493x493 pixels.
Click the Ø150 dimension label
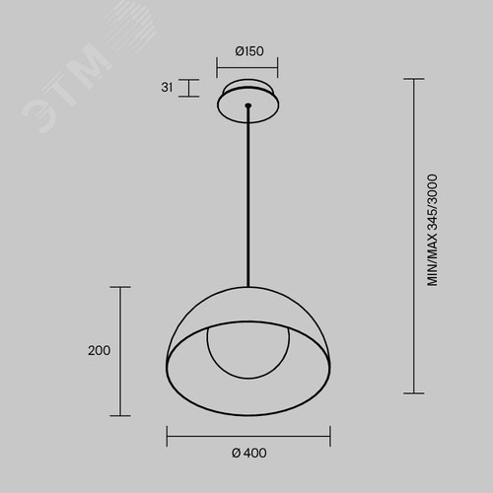(249, 51)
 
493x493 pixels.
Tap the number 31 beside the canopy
(167, 88)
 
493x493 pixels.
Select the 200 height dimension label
(99, 351)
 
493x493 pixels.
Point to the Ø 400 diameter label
(249, 453)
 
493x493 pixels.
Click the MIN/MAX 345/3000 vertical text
(432, 230)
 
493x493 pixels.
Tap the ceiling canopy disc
(248, 101)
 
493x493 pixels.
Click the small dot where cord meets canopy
(248, 106)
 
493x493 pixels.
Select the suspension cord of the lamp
(248, 196)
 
